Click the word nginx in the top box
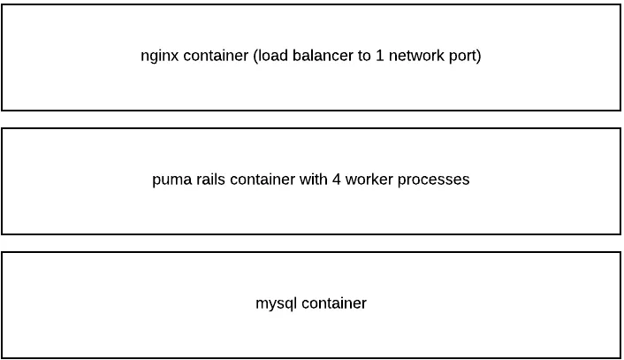pyautogui.click(x=160, y=57)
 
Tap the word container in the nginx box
pyautogui.click(x=216, y=56)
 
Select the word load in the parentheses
pyautogui.click(x=271, y=56)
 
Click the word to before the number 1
pyautogui.click(x=363, y=56)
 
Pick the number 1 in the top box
pyautogui.click(x=381, y=56)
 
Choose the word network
pyautogui.click(x=416, y=56)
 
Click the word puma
pyautogui.click(x=171, y=180)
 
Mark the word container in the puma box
pyautogui.click(x=262, y=180)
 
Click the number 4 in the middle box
pyautogui.click(x=337, y=180)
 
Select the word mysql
pyautogui.click(x=277, y=304)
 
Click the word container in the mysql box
pyautogui.click(x=334, y=303)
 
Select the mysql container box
pyautogui.click(x=311, y=336)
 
